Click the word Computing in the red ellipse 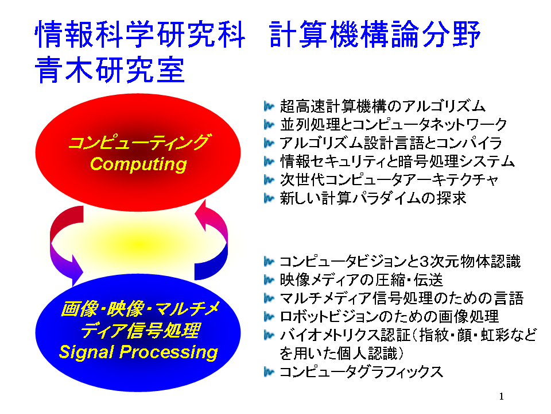(138, 164)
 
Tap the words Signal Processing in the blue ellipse (138, 352)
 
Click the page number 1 (502, 396)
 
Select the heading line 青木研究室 (110, 70)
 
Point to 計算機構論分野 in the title (375, 34)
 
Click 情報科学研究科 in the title (140, 34)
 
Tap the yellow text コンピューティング (138, 143)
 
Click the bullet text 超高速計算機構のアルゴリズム (383, 106)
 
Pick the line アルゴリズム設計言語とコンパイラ (391, 143)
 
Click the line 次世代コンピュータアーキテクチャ (389, 180)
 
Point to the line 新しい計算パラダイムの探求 (373, 198)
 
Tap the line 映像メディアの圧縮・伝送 (361, 280)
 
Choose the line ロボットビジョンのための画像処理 (389, 316)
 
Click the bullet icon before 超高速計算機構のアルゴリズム (269, 106)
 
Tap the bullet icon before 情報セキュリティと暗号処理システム (269, 162)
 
